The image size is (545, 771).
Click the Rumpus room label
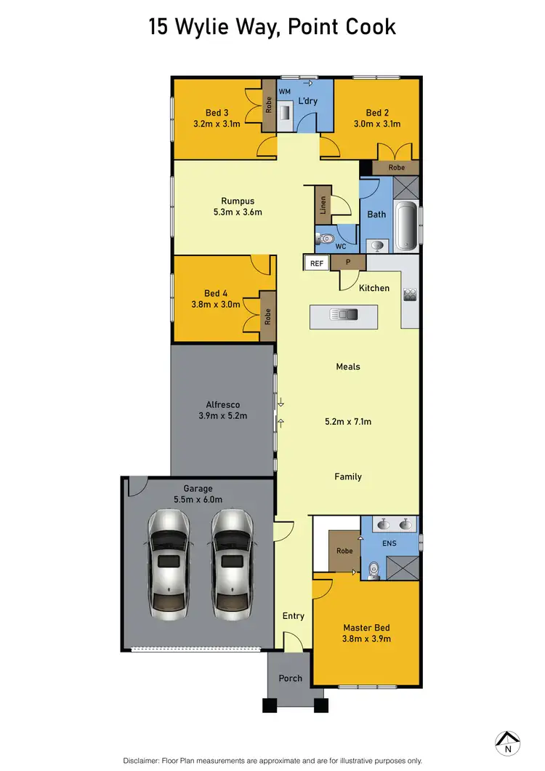coord(238,201)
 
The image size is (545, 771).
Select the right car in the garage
coord(233,554)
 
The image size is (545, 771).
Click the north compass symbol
coord(507,742)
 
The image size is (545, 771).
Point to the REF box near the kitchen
coord(318,264)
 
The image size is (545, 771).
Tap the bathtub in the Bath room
coord(405,226)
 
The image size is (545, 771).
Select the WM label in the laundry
coord(286,91)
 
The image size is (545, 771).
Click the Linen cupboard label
coord(322,206)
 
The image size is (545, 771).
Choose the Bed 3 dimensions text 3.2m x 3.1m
coord(217,124)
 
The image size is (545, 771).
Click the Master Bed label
coord(367,627)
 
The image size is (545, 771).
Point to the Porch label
coord(291,678)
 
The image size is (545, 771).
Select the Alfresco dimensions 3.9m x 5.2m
coord(223,416)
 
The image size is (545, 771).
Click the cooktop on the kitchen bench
coord(409,295)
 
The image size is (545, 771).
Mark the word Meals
coord(348,367)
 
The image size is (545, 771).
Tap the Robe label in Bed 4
coord(267,316)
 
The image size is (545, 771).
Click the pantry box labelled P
coord(347,263)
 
